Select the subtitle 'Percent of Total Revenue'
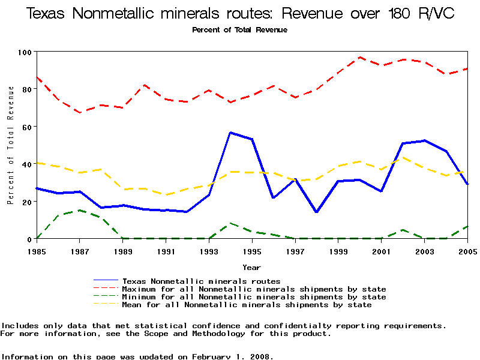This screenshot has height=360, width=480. pos(239,30)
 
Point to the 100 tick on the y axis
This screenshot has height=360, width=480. pos(26,52)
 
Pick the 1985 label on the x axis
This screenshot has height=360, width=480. pos(37,251)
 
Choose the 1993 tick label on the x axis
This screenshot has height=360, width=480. pos(209,251)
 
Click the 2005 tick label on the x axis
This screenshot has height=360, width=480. pos(467,251)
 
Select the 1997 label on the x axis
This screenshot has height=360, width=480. pos(295,251)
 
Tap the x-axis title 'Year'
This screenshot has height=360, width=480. pos(251,267)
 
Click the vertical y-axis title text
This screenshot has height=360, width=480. pos(11,145)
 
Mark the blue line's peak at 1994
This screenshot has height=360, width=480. pos(230,133)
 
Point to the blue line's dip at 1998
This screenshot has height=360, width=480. pos(316,212)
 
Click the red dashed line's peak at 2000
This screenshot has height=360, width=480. pos(359,58)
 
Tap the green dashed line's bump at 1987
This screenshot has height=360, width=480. pos(79,211)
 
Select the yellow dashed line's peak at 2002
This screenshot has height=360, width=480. pos(403,157)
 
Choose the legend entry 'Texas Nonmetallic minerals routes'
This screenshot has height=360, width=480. pos(201,281)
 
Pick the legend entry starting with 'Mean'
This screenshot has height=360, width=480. pos(247,305)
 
